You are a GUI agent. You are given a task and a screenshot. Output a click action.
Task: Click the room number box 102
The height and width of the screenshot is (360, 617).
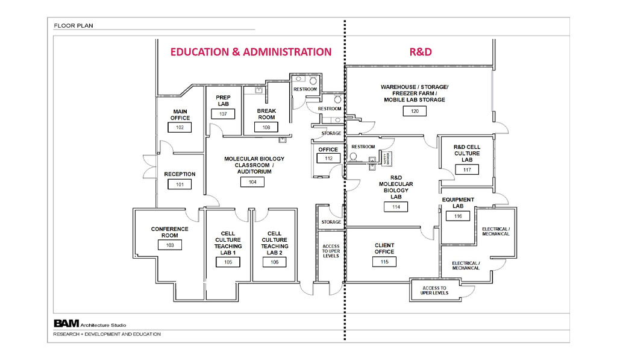pyautogui.click(x=180, y=127)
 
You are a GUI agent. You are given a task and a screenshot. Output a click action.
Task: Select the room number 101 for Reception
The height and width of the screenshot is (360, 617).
pyautogui.click(x=180, y=184)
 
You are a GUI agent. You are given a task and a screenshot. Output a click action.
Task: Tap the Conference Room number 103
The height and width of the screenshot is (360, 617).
pyautogui.click(x=169, y=245)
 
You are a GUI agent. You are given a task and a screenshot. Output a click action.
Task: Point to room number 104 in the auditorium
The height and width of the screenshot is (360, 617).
pyautogui.click(x=251, y=182)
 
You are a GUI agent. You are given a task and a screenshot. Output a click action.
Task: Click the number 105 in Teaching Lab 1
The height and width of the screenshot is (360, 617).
pyautogui.click(x=228, y=262)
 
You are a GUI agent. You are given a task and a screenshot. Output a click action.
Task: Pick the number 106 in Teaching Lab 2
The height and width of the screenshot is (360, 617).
pyautogui.click(x=274, y=262)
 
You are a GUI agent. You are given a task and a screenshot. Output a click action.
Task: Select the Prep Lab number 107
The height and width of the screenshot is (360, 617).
pyautogui.click(x=223, y=113)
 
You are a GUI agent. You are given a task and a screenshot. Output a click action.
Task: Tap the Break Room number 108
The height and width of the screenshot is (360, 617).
pyautogui.click(x=266, y=127)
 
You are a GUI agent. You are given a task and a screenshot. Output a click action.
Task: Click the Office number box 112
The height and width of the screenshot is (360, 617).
pyautogui.click(x=328, y=158)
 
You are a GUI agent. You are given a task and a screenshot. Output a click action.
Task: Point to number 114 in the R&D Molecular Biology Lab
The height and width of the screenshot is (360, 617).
pyautogui.click(x=396, y=206)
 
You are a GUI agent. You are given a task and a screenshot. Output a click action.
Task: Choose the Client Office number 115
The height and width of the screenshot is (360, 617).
pyautogui.click(x=384, y=262)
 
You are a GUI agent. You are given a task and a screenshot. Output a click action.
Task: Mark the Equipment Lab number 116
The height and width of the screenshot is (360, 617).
pyautogui.click(x=458, y=216)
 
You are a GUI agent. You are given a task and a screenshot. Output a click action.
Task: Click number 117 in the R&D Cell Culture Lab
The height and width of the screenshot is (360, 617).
pyautogui.click(x=467, y=169)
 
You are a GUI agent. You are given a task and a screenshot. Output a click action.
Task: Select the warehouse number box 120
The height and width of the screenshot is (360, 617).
pyautogui.click(x=415, y=111)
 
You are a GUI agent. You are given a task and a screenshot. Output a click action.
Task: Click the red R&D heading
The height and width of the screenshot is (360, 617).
pyautogui.click(x=420, y=52)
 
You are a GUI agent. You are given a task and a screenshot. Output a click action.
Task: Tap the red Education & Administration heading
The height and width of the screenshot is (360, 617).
pyautogui.click(x=251, y=52)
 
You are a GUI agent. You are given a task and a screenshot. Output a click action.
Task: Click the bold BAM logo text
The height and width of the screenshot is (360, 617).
pyautogui.click(x=66, y=323)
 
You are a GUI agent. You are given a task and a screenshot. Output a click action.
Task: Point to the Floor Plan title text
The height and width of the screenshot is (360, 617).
pyautogui.click(x=72, y=26)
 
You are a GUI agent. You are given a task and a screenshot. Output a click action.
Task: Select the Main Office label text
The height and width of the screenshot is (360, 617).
pyautogui.click(x=180, y=115)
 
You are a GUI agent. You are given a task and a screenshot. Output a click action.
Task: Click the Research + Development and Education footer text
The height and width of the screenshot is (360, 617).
pyautogui.click(x=107, y=334)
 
